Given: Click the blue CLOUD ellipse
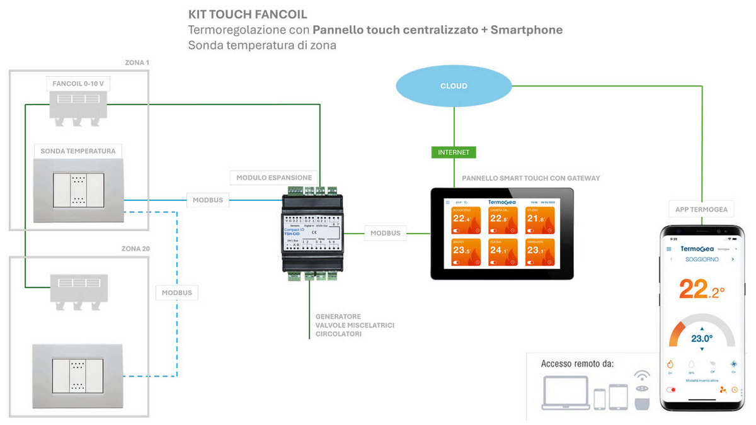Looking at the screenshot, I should click(454, 86).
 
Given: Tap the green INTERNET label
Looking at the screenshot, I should click(454, 152).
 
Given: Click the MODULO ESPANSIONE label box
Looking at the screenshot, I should click(274, 178).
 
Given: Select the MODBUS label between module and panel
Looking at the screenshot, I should click(385, 233).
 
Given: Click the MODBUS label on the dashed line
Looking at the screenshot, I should click(177, 293).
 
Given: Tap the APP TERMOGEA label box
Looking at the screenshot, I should click(701, 210).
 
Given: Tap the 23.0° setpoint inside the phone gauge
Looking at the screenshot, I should click(701, 338).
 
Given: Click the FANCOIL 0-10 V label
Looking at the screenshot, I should click(79, 84).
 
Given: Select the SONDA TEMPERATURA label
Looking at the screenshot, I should click(78, 151).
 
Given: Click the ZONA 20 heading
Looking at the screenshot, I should click(136, 249).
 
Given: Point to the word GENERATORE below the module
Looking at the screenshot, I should click(338, 316).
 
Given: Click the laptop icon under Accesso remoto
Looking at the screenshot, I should click(564, 392).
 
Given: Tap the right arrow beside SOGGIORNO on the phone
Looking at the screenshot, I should click(733, 259).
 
